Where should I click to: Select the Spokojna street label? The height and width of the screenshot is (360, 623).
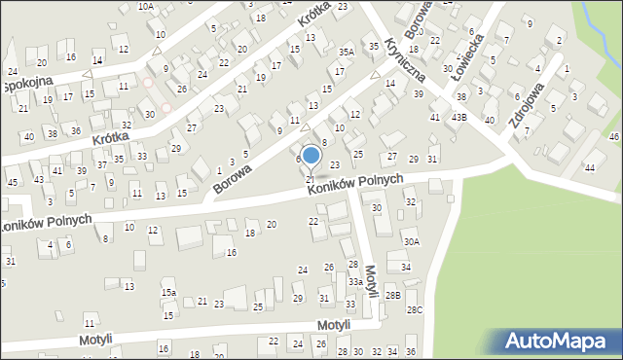pos(27,85)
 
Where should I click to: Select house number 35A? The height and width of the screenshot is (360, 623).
pos(346,52)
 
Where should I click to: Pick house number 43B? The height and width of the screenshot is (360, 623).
pos(458,117)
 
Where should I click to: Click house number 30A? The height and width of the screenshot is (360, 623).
pos(412,241)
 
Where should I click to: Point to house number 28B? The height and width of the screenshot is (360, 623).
pos(392,295)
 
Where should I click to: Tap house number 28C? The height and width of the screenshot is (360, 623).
pos(415,309)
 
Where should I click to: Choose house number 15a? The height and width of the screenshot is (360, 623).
pos(168,293)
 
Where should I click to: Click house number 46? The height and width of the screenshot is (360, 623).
pos(614,137)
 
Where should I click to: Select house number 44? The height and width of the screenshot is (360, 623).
pos(590,168)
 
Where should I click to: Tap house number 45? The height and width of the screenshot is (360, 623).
pos(12,182)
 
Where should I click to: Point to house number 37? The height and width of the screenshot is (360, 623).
pos(101,165)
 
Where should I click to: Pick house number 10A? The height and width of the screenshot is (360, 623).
pos(145,6)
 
